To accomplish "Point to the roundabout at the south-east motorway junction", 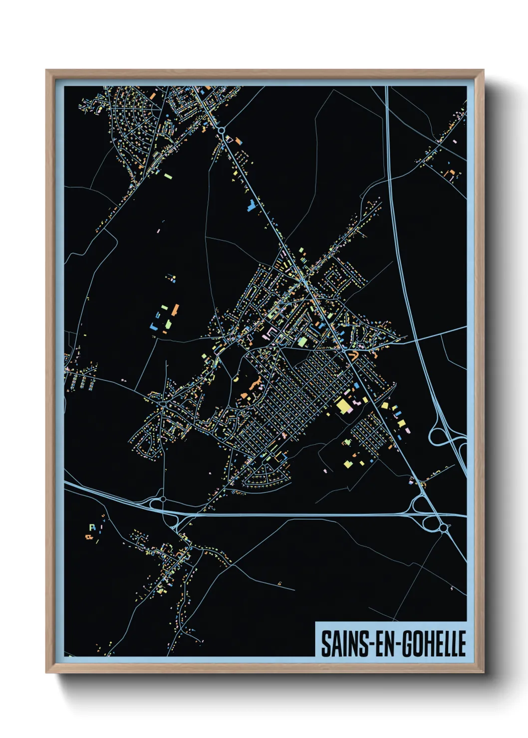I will tap(443, 528).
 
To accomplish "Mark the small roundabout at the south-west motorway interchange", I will tap(163, 498).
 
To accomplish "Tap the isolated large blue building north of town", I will tap(252, 204).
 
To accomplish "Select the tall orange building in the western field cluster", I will tap(175, 309).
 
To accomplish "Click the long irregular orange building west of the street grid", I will tap(257, 384).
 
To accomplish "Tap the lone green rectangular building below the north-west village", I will tap(168, 176).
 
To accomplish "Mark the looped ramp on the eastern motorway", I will tap(438, 437).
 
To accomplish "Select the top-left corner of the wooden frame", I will tap(46, 70).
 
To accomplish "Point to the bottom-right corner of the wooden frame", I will tap(483, 673).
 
